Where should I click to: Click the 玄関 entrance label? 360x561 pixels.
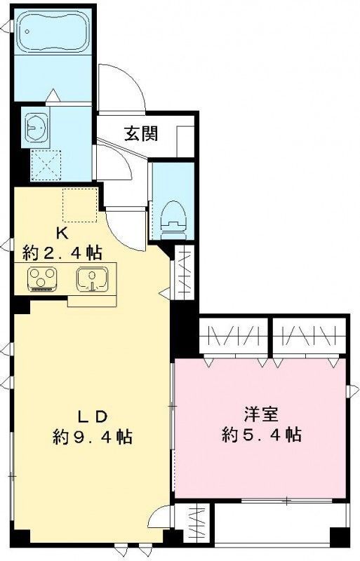140,134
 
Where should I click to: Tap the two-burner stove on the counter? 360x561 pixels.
43,279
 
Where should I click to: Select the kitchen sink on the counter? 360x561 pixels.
89,279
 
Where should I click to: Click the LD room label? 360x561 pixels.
92,416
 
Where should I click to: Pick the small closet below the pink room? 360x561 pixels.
196,523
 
